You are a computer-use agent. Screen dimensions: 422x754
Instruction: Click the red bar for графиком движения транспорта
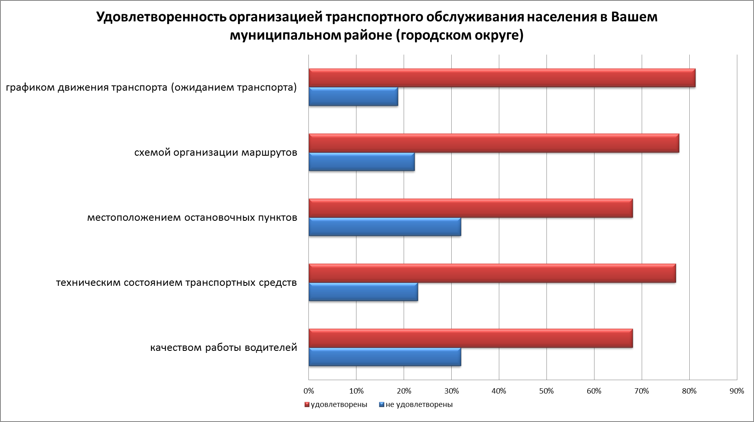(x=502, y=78)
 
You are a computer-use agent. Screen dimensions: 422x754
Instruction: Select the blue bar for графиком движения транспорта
(x=353, y=97)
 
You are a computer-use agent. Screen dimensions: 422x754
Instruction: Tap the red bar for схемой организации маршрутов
(x=494, y=143)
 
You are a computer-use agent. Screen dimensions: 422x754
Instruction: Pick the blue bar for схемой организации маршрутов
(x=361, y=162)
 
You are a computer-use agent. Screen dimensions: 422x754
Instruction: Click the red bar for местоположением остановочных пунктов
(x=470, y=208)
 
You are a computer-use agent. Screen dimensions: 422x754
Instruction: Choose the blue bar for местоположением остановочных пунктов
(x=385, y=227)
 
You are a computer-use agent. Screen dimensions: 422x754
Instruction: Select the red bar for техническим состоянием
(x=492, y=273)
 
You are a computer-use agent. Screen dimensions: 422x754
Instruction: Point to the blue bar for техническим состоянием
(x=363, y=292)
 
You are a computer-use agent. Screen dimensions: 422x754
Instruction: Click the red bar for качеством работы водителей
(x=470, y=338)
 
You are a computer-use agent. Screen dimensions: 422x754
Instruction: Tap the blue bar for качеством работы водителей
(x=385, y=357)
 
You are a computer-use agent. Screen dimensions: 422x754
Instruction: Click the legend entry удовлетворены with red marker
(x=336, y=405)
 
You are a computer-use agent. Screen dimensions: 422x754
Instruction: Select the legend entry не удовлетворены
(x=416, y=405)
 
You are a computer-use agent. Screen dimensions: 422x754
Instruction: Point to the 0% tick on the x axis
(x=309, y=391)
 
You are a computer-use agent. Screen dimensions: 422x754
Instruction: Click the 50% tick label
(x=546, y=391)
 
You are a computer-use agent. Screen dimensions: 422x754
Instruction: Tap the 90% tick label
(x=737, y=391)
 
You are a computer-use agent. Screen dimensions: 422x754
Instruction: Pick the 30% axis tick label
(x=451, y=391)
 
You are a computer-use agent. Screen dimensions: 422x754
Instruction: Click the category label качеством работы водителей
(x=224, y=348)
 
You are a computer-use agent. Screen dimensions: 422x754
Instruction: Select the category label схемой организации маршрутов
(x=216, y=153)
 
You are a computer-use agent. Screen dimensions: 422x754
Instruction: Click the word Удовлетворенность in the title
(x=160, y=17)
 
